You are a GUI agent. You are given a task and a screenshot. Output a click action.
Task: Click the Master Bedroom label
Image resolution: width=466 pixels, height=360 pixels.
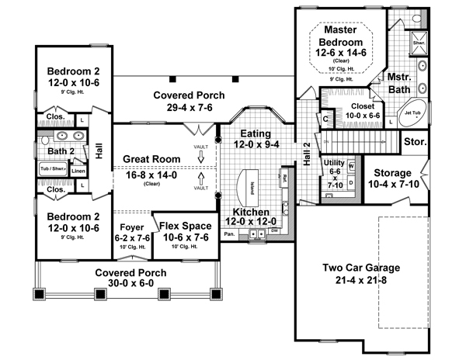[x=346, y=35]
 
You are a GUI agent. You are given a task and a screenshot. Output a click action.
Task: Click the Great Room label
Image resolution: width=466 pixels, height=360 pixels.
[x=153, y=159]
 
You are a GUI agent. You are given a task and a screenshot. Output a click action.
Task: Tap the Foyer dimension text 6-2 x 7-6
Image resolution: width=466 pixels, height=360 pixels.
[x=130, y=240]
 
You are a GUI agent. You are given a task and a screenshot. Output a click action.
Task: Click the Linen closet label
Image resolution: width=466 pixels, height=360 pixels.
[x=78, y=171]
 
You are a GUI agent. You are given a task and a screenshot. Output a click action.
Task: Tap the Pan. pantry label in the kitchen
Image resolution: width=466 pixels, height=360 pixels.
[x=230, y=233]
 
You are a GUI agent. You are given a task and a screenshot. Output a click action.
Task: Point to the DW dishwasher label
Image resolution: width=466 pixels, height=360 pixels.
[x=275, y=231]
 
